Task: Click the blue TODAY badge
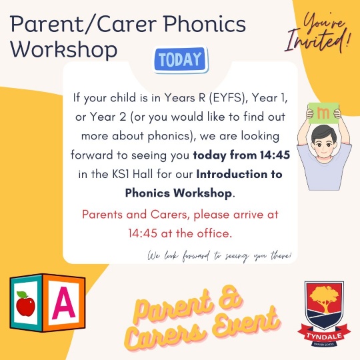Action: [181, 59]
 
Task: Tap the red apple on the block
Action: [25, 303]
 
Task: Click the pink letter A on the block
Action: [63, 303]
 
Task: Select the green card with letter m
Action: [324, 113]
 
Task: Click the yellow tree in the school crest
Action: [324, 297]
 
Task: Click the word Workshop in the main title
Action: [63, 49]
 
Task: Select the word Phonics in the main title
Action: [205, 25]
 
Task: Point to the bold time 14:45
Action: [275, 155]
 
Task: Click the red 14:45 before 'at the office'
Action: [143, 233]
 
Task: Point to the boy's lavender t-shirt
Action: [324, 171]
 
